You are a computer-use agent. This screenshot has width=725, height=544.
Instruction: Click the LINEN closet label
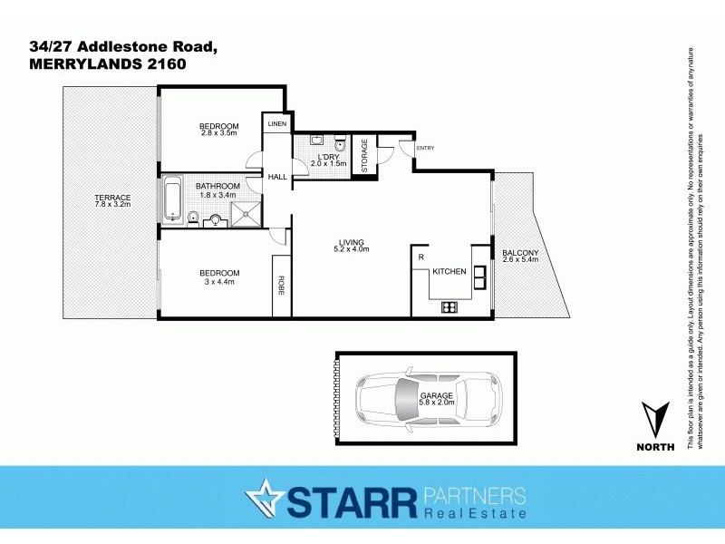tap(276, 123)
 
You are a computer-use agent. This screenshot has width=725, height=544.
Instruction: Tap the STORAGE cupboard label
tap(364, 155)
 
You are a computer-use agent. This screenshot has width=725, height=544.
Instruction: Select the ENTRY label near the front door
tap(425, 148)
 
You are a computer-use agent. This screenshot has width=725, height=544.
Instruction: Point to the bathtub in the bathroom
tap(172, 200)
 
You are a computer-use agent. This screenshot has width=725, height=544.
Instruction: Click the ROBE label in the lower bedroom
tap(282, 286)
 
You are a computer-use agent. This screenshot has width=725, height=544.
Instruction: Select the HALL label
tap(277, 178)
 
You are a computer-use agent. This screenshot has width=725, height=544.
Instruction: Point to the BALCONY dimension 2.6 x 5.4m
tap(520, 260)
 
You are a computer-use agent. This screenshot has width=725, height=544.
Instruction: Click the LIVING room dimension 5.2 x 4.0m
tap(352, 249)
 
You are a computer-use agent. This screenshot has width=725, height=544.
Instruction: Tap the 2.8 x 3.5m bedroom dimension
tap(218, 133)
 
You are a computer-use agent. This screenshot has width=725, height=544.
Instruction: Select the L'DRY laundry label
tap(328, 156)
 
